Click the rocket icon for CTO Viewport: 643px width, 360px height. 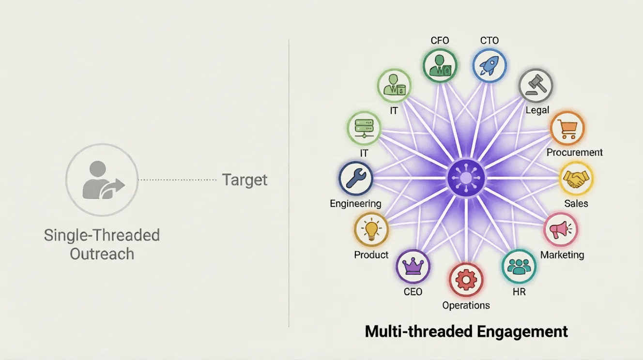pos(489,66)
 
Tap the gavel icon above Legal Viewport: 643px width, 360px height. pos(536,86)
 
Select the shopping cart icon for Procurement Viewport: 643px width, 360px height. pos(567,128)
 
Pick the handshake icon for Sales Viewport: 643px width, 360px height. pos(576,179)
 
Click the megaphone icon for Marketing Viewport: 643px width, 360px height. pos(561,229)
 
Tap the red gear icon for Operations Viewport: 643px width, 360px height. pos(466,280)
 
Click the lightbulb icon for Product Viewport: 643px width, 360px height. pos(371,230)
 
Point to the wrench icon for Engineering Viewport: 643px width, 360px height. pos(356,179)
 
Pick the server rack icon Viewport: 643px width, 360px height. pos(364,128)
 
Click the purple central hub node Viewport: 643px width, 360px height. pos(466,179)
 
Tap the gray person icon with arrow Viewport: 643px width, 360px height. pos(102,180)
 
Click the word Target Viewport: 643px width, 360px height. pos(245,180)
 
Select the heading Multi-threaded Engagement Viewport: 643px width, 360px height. pos(466,331)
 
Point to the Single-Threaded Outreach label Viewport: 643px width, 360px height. pos(102,244)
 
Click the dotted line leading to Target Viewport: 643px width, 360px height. pos(177,180)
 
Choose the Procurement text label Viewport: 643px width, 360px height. pos(575,152)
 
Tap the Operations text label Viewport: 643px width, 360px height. pos(466,305)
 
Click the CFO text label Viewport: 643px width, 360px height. pos(440,41)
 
